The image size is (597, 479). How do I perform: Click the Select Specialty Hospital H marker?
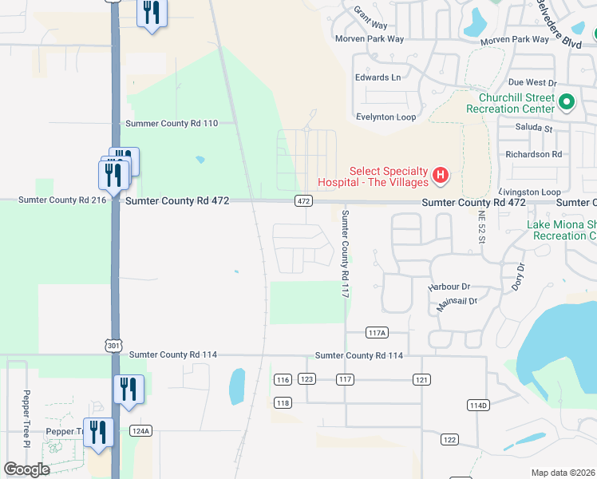click(439, 175)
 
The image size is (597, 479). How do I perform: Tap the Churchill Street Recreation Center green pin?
click(567, 102)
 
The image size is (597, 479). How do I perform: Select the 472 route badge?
click(303, 201)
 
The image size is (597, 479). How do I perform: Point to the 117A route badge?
click(377, 332)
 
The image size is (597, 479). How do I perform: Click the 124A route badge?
click(140, 431)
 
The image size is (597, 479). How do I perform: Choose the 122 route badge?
click(449, 440)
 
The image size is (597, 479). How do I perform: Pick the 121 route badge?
click(422, 379)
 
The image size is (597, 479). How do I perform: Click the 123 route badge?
click(307, 379)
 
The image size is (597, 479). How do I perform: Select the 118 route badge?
click(283, 403)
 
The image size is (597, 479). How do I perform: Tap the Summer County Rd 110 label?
click(172, 123)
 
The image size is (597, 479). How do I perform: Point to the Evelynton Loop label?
click(386, 117)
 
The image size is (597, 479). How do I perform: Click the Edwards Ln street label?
click(378, 77)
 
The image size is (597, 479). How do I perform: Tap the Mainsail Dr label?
click(457, 301)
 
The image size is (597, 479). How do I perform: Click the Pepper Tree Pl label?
click(26, 418)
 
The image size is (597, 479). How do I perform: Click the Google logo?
click(26, 469)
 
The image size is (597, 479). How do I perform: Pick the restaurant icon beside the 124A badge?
click(98, 432)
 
